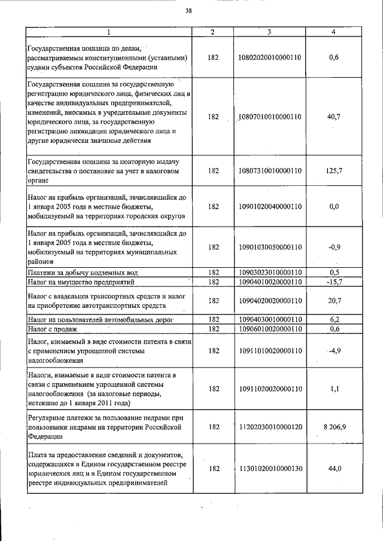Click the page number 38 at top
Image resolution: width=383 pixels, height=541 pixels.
point(189,10)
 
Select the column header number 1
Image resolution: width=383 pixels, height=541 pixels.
point(108,31)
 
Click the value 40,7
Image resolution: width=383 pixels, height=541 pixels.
point(334,117)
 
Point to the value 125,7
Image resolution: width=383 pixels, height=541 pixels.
point(334,170)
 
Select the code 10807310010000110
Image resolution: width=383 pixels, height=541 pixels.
point(270,170)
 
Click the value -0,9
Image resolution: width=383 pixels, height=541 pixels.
point(334,246)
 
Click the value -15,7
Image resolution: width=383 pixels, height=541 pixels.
point(334,281)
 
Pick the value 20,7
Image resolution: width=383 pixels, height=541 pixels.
point(334,301)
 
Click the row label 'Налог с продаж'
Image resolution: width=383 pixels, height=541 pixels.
point(52,329)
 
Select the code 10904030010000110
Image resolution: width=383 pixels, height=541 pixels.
point(270,320)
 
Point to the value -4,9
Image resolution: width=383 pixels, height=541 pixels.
point(334,351)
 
